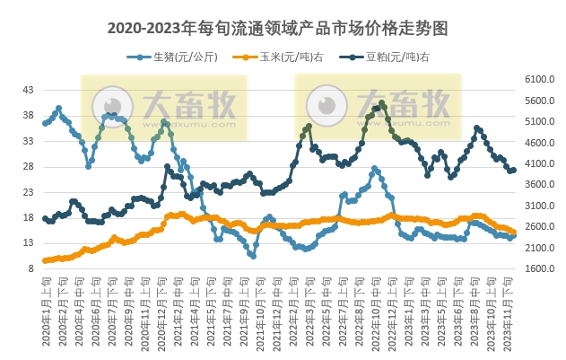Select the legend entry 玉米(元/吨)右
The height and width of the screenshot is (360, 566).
(x=271, y=57)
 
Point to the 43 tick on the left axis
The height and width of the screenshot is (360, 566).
(x=28, y=91)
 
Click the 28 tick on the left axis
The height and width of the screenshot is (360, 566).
(x=28, y=167)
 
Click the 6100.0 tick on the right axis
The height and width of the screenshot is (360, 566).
(x=536, y=80)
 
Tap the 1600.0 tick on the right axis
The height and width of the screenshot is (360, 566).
(x=536, y=268)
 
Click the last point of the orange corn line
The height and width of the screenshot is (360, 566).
(x=513, y=233)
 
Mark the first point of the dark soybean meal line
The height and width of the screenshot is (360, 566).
(x=45, y=218)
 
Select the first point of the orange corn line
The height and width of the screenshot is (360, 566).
(x=45, y=260)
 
